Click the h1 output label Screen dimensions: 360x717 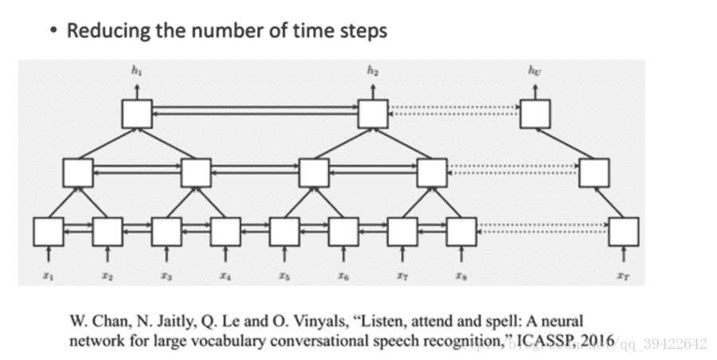(x=136, y=71)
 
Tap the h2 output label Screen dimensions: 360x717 (x=373, y=71)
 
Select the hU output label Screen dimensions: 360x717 (x=535, y=71)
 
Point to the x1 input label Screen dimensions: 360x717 (x=49, y=276)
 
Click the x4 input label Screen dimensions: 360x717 (x=225, y=276)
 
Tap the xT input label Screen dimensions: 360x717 (x=624, y=276)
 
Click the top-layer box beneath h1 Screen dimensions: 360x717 (x=137, y=114)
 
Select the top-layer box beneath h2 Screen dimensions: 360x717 (x=373, y=114)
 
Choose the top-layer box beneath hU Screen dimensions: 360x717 (x=535, y=114)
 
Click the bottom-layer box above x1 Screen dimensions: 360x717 (x=49, y=231)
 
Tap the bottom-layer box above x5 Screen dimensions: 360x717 (x=284, y=231)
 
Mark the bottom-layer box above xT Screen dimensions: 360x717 (x=624, y=231)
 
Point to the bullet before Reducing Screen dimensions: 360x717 (x=53, y=32)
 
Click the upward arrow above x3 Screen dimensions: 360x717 (x=167, y=254)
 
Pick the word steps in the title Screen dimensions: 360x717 (x=361, y=33)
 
